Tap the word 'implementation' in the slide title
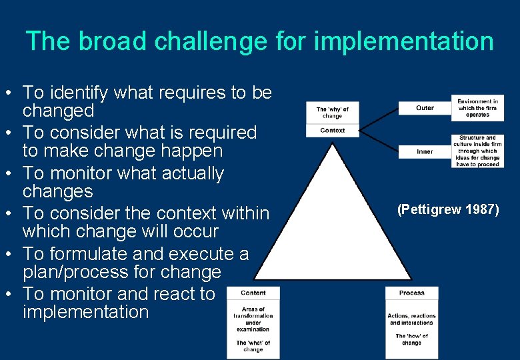403,41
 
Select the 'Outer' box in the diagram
425,108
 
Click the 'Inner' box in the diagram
425,151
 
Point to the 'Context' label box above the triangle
332,131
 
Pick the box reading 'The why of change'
332,113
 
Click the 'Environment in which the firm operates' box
477,108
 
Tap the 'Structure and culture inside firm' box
477,151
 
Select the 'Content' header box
253,293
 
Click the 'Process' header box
411,293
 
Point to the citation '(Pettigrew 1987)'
448,210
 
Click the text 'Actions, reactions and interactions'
411,319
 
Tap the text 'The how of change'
411,339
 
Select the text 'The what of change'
253,346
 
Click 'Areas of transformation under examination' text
253,319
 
